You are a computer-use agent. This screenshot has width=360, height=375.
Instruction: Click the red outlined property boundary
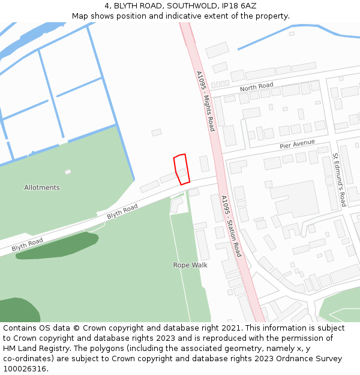181,169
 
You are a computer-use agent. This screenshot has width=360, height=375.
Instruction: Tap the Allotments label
42,188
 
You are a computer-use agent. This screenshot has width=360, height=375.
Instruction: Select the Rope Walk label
190,265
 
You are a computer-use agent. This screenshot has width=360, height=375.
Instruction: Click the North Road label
256,88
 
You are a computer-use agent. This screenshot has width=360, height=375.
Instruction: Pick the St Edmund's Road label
339,179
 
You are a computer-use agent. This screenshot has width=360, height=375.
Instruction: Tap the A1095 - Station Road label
231,226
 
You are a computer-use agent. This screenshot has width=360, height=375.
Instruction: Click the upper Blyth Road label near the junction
122,211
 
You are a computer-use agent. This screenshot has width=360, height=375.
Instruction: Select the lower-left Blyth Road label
27,244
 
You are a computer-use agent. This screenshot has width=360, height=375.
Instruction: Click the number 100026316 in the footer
25,369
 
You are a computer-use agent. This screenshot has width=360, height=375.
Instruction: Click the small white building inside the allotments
68,172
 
